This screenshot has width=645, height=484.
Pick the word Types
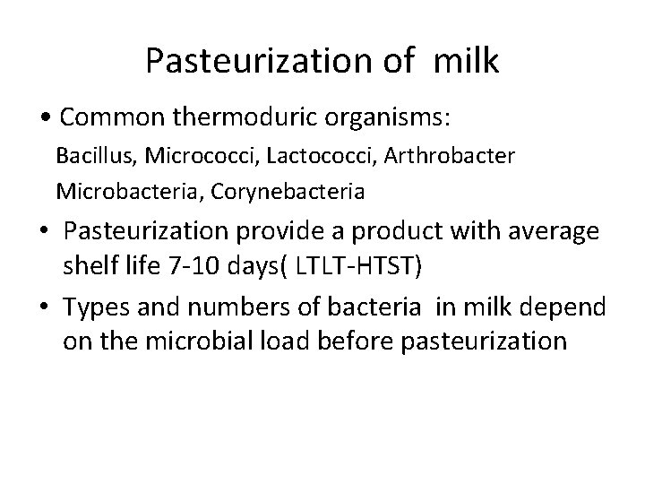[x=98, y=309]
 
